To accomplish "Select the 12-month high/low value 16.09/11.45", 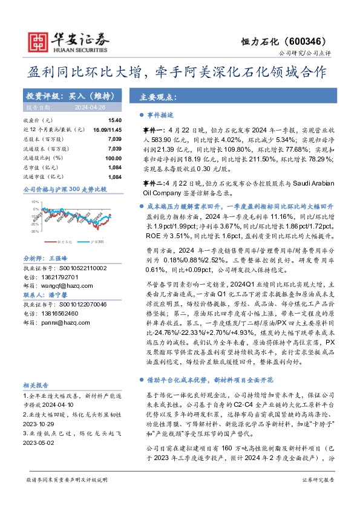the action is [108, 130].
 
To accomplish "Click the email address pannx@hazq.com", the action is [62, 323].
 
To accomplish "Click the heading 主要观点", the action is [157, 97].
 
